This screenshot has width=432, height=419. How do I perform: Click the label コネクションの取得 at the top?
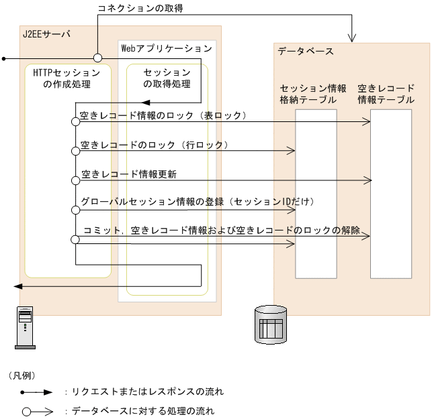tap(140, 8)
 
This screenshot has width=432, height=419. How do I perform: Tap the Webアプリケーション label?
tap(167, 48)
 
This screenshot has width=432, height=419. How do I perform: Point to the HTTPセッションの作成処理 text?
tap(67, 78)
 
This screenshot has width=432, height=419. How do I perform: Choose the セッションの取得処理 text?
tap(167, 78)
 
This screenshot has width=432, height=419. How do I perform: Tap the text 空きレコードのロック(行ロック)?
tap(155, 144)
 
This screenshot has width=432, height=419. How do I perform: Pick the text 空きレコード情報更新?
tap(129, 174)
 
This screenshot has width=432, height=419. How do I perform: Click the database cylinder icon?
tap(271, 324)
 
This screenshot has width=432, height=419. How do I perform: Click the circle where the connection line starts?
tap(97, 58)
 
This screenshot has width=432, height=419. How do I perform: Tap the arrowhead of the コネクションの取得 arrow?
tap(353, 36)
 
